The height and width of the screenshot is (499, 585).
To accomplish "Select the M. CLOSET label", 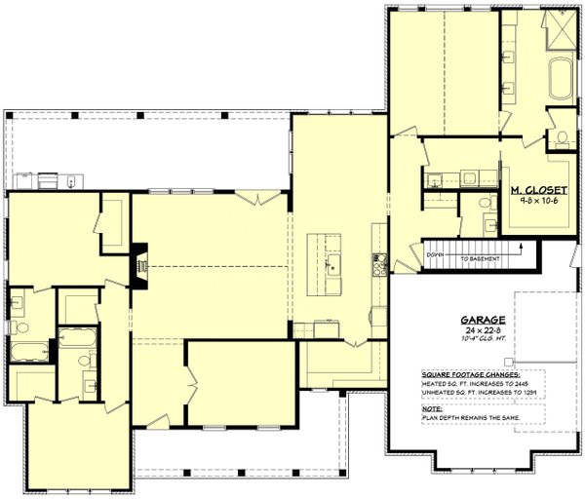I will click(526, 188).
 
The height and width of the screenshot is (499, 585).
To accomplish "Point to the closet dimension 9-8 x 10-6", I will click(526, 199).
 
